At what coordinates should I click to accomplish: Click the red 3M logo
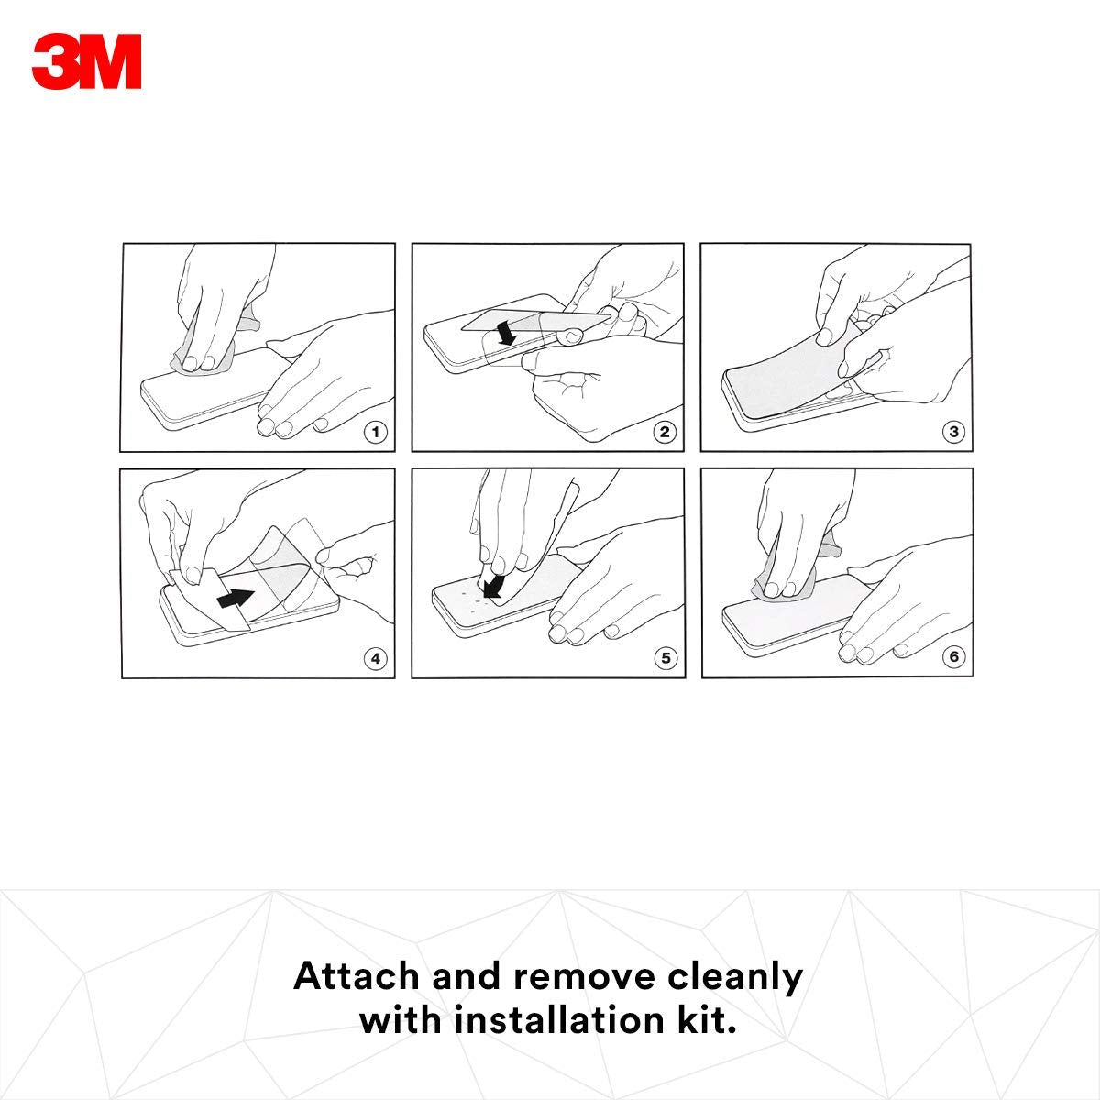click(87, 61)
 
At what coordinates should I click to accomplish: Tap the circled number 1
click(375, 432)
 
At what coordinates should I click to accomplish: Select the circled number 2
click(665, 432)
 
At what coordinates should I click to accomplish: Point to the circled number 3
click(953, 432)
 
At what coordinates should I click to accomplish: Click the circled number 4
click(376, 659)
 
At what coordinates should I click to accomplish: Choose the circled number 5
click(665, 658)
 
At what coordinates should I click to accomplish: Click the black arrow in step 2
click(505, 332)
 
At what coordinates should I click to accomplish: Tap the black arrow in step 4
click(236, 598)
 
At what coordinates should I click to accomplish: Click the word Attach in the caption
click(357, 976)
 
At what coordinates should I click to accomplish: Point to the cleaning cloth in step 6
click(795, 576)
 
